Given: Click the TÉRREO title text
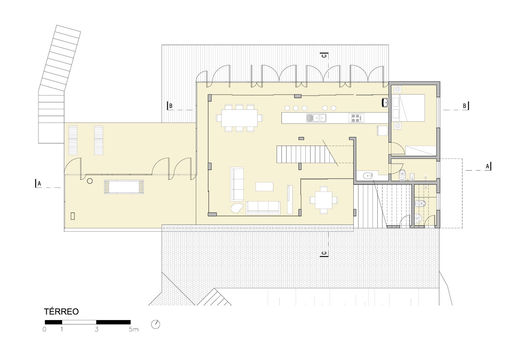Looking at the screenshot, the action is (61, 312).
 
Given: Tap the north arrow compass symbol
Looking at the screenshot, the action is (156, 324).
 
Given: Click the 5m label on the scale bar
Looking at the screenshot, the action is (134, 329).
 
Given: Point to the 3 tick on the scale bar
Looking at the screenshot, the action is (96, 329).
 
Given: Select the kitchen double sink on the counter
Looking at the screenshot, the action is (316, 118).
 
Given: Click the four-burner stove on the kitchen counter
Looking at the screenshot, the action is (356, 118).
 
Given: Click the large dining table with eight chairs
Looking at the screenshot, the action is (240, 118).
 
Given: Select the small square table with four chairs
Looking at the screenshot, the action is (324, 200).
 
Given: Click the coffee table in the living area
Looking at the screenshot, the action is (265, 187).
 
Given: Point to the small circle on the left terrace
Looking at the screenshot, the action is (90, 181).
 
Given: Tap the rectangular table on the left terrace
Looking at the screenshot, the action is (124, 187).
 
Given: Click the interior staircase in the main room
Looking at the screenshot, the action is (307, 154).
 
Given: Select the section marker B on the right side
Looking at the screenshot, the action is (465, 106).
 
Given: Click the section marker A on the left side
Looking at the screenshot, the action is (38, 184).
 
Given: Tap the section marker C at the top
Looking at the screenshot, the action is (325, 56).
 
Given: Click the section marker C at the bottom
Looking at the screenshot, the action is (324, 254).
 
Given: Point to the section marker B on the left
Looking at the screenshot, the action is (170, 106).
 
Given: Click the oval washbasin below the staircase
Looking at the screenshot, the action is (368, 175).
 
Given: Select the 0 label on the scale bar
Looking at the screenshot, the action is (44, 329).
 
